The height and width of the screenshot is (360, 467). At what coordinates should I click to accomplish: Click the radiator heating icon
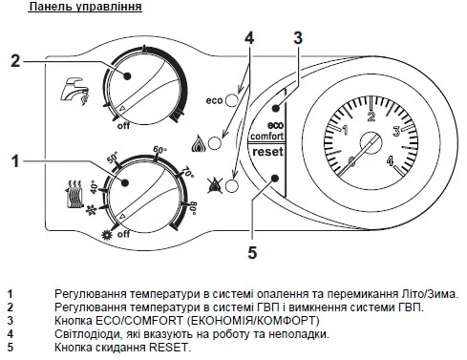pyautogui.click(x=74, y=194)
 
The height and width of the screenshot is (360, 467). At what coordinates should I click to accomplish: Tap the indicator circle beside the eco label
pyautogui.click(x=231, y=100)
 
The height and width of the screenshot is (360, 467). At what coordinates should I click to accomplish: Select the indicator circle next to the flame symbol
pyautogui.click(x=215, y=142)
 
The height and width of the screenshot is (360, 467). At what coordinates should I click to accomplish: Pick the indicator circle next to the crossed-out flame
pyautogui.click(x=231, y=186)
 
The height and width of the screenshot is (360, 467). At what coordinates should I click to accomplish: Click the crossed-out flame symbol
pyautogui.click(x=215, y=185)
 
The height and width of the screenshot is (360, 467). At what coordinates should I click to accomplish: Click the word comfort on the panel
pyautogui.click(x=266, y=137)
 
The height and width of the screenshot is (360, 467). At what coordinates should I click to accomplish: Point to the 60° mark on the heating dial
pyautogui.click(x=160, y=149)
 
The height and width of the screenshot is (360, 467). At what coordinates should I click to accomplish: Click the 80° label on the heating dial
pyautogui.click(x=193, y=208)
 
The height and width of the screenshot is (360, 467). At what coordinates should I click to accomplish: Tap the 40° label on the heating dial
pyautogui.click(x=94, y=187)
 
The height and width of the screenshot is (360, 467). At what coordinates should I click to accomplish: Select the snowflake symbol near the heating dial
pyautogui.click(x=92, y=210)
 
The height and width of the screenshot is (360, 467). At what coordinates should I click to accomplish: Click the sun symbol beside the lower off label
pyautogui.click(x=106, y=235)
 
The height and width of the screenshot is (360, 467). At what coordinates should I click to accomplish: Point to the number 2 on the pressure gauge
pyautogui.click(x=371, y=116)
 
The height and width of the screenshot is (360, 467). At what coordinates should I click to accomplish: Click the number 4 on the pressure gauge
pyautogui.click(x=391, y=160)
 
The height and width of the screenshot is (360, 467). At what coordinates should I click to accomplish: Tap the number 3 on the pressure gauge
pyautogui.click(x=396, y=131)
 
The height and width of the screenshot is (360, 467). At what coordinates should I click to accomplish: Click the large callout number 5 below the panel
pyautogui.click(x=252, y=253)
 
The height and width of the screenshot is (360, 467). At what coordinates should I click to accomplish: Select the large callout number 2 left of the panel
pyautogui.click(x=15, y=60)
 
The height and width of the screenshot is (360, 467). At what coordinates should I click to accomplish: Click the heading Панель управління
pyautogui.click(x=85, y=7)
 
